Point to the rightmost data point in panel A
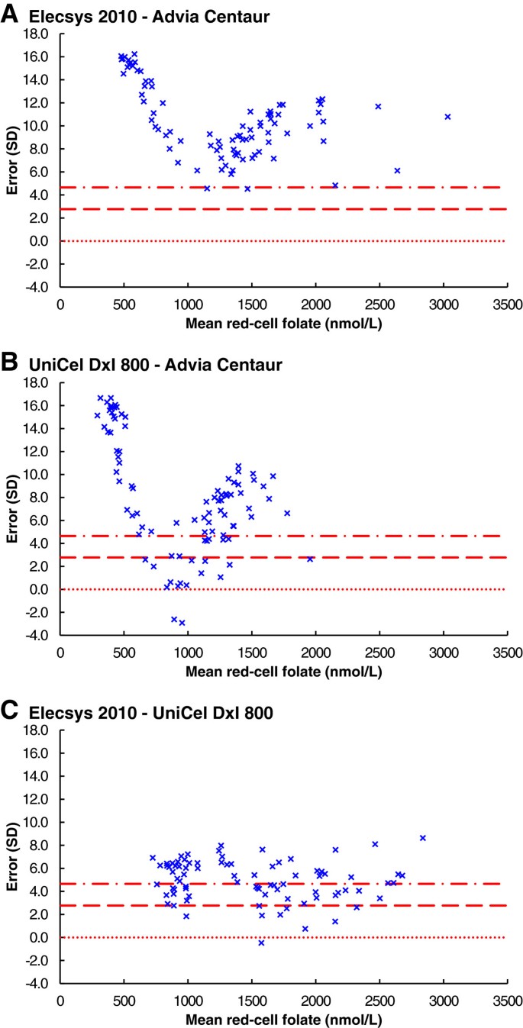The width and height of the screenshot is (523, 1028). click(447, 117)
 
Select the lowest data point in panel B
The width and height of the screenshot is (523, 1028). click(182, 623)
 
